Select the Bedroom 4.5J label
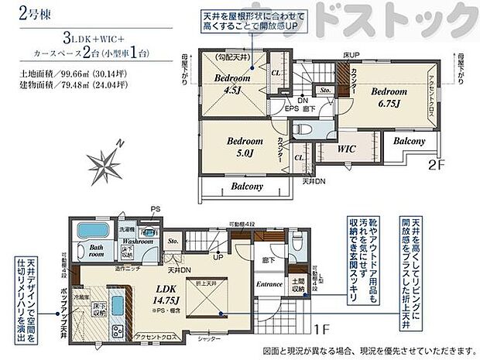[230, 83]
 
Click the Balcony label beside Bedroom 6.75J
[408, 142]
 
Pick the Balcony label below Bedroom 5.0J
[247, 187]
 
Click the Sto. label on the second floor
[326, 90]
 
